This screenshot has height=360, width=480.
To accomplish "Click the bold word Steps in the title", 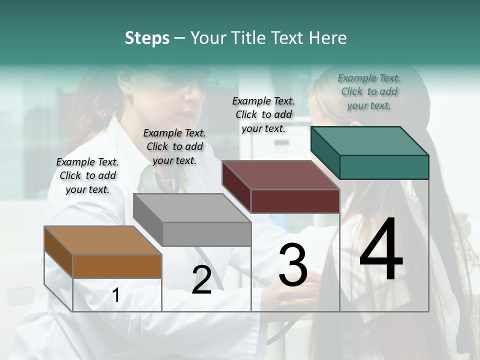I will pos(147,38).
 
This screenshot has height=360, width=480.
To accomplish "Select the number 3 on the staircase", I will pos(293,264).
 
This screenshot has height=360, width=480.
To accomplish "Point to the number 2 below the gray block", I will pos(201,280).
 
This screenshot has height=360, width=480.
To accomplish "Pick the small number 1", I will pos(116,295).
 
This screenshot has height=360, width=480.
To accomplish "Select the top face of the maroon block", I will pos(280,175).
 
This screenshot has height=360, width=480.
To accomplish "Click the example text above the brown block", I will pos(87,175).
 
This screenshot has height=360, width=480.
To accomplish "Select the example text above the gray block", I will pos(174,146).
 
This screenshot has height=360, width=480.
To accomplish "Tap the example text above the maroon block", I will pos(263,114).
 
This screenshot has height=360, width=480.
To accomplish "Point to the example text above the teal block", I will pos(369,91).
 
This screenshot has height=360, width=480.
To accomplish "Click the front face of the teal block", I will pos(384,167).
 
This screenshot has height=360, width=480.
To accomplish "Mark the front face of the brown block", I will pos(117,266).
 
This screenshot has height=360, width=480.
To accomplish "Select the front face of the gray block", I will pos(206,234).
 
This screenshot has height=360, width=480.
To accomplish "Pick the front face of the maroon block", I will pos(295,201).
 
